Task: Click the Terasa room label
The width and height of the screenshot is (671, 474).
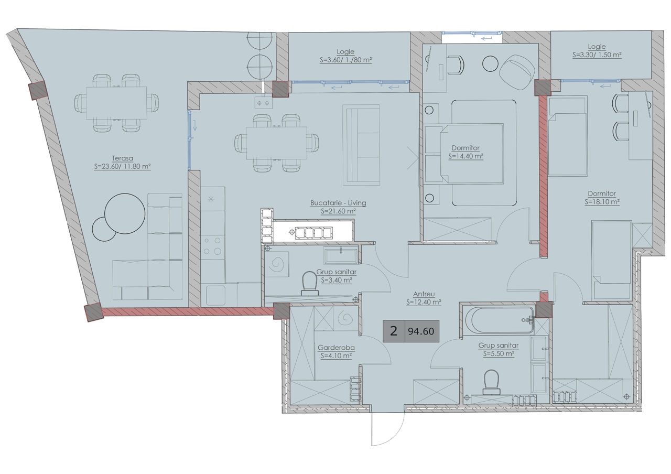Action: click(x=123, y=158)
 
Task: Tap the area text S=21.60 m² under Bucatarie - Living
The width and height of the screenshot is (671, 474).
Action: click(x=338, y=211)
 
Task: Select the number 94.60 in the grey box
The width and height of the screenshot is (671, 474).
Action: click(x=421, y=331)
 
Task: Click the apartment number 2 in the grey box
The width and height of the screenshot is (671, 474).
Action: click(x=394, y=331)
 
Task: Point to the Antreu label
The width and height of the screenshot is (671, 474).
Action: click(x=424, y=294)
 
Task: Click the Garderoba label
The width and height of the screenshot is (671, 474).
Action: click(x=336, y=348)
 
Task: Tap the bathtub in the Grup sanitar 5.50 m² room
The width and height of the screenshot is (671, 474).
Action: click(x=499, y=320)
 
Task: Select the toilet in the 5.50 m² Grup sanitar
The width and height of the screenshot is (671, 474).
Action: click(x=491, y=382)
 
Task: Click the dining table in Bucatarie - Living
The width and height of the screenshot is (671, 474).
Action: click(x=276, y=143)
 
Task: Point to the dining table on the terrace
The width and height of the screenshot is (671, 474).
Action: click(x=116, y=103)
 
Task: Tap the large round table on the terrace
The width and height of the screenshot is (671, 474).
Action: click(x=125, y=213)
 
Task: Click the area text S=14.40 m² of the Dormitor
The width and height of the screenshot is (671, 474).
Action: click(x=466, y=156)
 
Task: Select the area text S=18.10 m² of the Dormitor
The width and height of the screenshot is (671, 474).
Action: click(x=602, y=202)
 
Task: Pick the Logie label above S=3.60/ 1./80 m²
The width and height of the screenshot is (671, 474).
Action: click(x=345, y=51)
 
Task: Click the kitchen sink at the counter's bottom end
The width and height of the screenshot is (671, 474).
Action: click(x=215, y=295)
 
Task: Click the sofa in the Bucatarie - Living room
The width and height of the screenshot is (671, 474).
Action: click(x=361, y=145)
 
